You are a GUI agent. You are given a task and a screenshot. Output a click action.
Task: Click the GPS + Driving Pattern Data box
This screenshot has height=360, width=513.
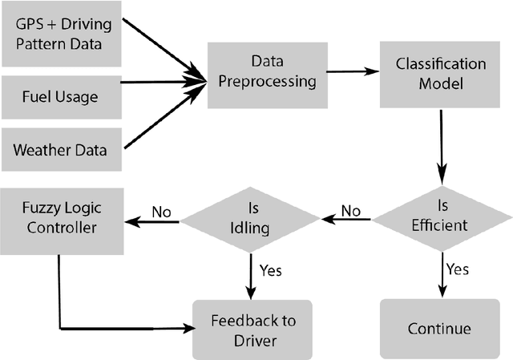[63, 34]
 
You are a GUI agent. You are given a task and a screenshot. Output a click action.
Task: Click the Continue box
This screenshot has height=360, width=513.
[438, 328]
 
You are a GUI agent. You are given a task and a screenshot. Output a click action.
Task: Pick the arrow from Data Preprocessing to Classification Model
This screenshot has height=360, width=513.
[353, 71]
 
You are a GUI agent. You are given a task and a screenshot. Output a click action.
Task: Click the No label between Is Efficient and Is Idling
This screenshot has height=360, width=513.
[351, 212]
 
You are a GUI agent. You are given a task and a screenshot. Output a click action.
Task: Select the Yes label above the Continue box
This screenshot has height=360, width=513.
[458, 269]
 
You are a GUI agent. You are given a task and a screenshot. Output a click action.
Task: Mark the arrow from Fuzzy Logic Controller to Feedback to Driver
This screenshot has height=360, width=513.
[120, 328]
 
